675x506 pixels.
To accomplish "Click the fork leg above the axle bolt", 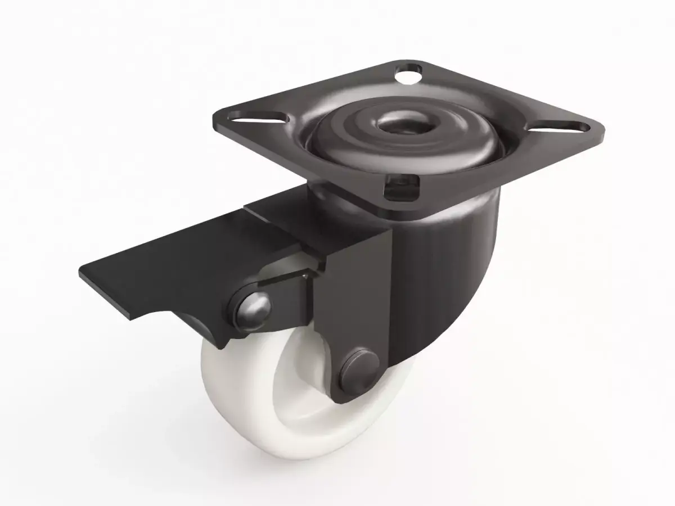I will [x=360, y=292].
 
